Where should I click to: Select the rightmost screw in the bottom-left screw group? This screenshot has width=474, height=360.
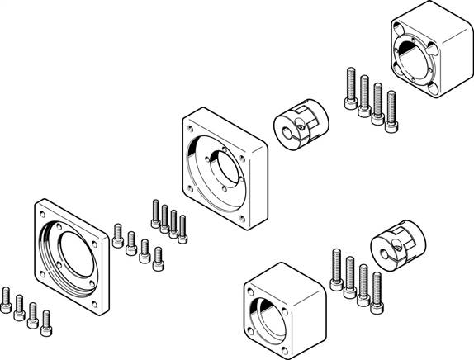click(x=46, y=321)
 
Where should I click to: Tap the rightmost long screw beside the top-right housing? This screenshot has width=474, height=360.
click(x=389, y=107)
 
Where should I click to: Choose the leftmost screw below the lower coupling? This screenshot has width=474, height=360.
click(x=336, y=270)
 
